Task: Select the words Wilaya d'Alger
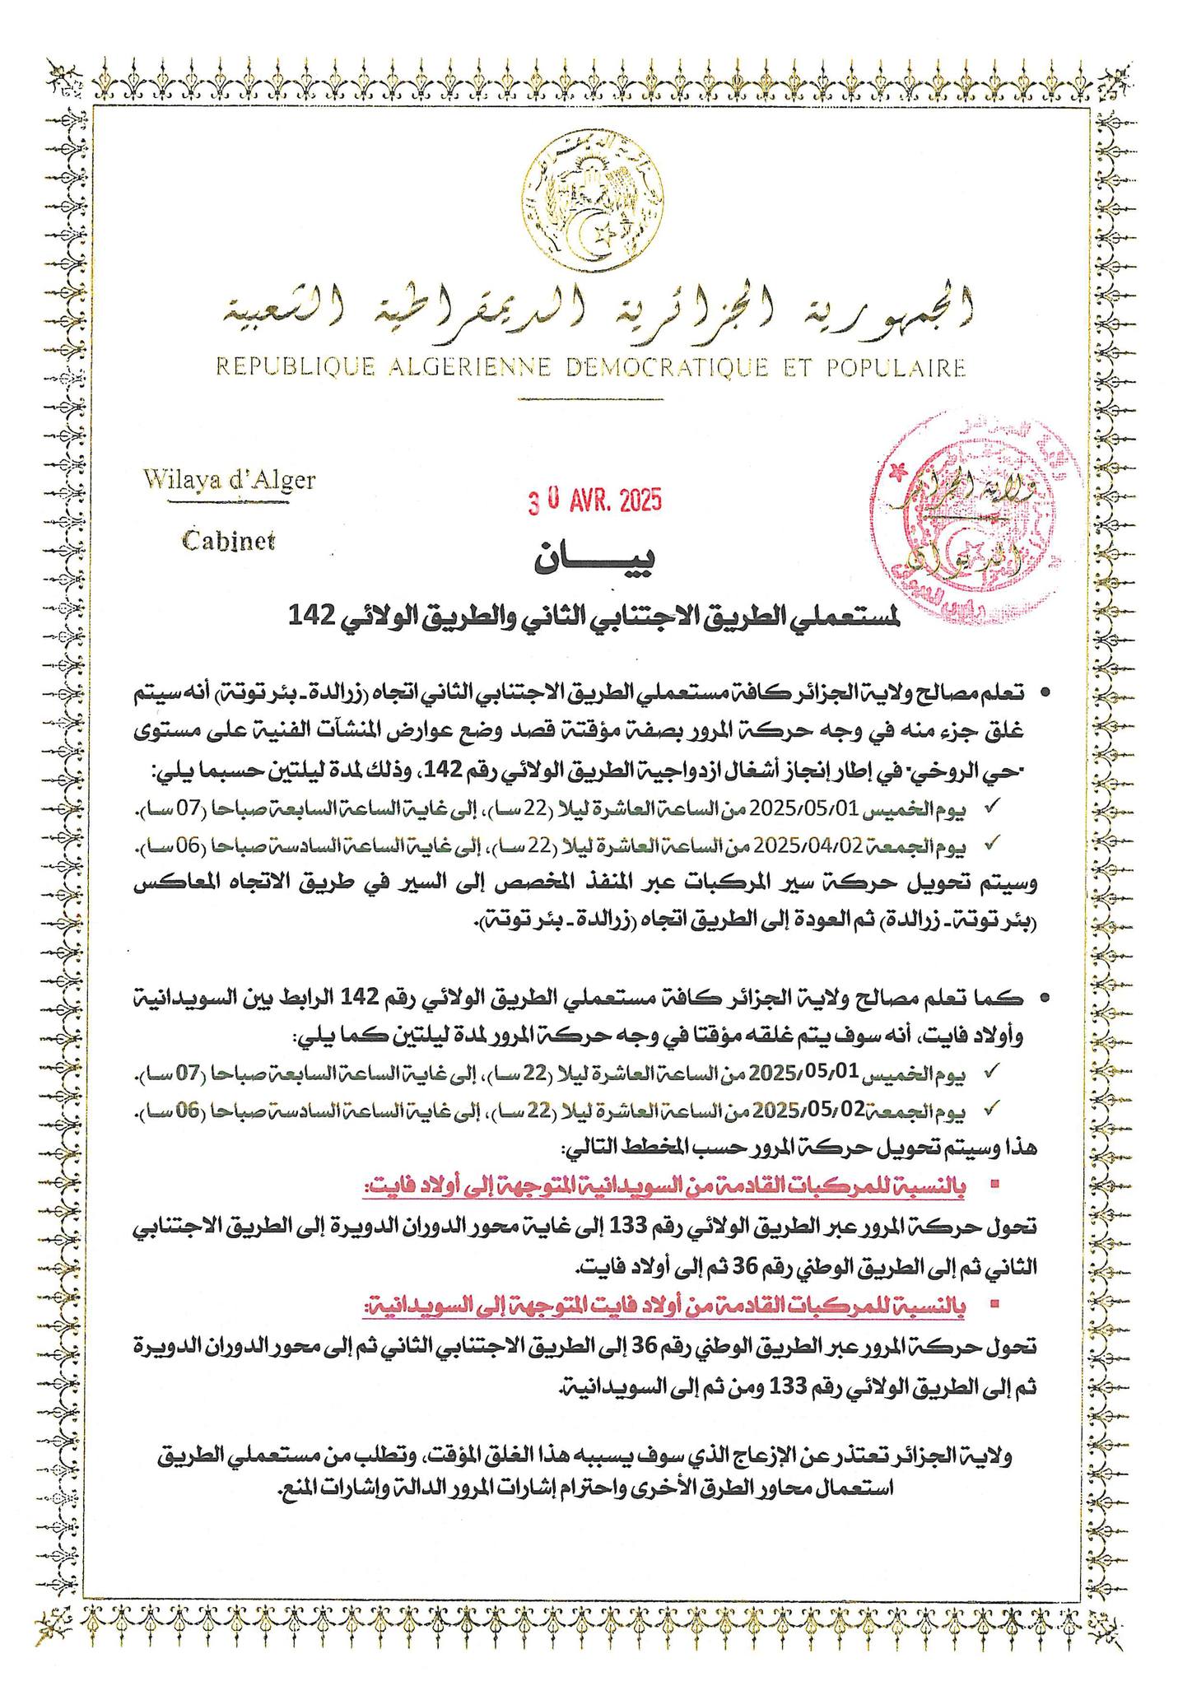pyautogui.click(x=228, y=479)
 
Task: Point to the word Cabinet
pyautogui.click(x=228, y=541)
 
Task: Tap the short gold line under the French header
pyautogui.click(x=589, y=398)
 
